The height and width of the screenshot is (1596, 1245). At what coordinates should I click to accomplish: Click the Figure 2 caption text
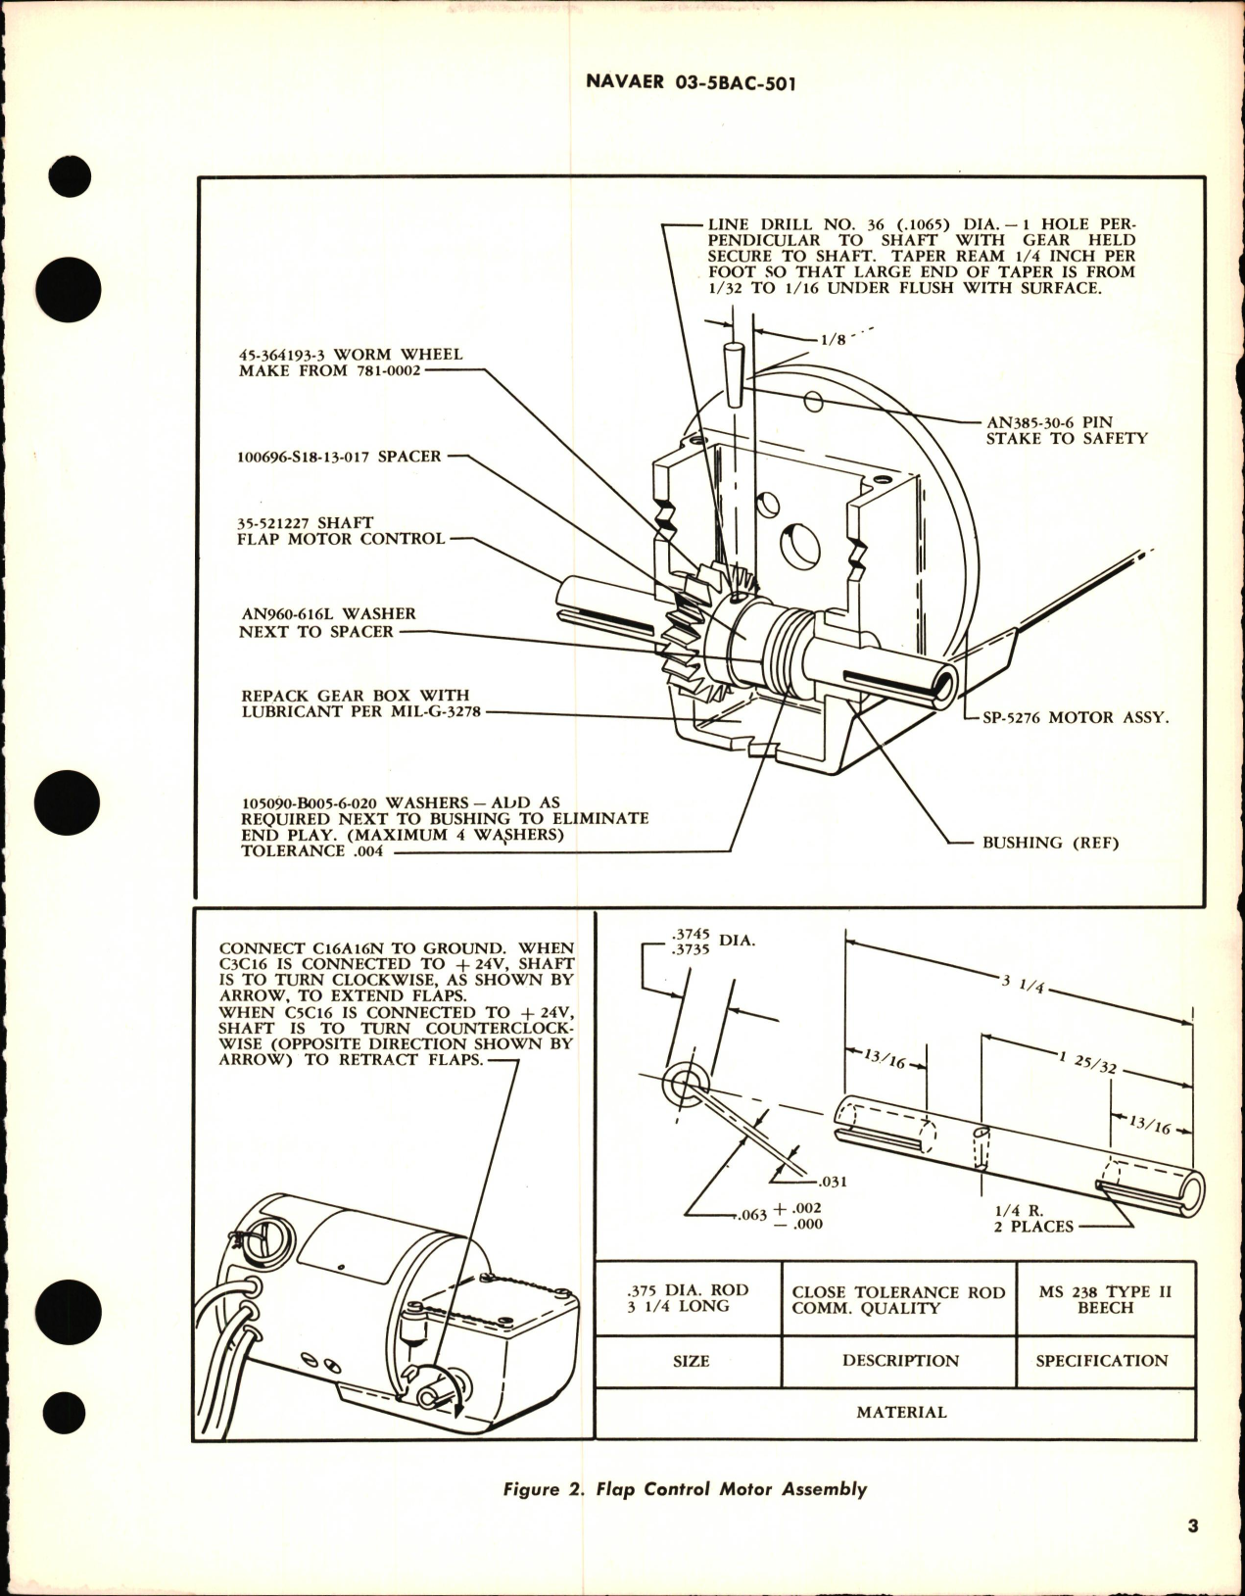pyautogui.click(x=685, y=1489)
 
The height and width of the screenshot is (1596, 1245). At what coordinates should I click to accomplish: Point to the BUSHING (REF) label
pyautogui.click(x=1049, y=842)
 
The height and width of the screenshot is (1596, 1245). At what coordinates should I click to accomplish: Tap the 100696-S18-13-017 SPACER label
pyautogui.click(x=340, y=457)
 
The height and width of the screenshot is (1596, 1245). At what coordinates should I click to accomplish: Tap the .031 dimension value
pyautogui.click(x=833, y=1182)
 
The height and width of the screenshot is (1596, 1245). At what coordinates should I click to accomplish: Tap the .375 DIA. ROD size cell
pyautogui.click(x=691, y=1299)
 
